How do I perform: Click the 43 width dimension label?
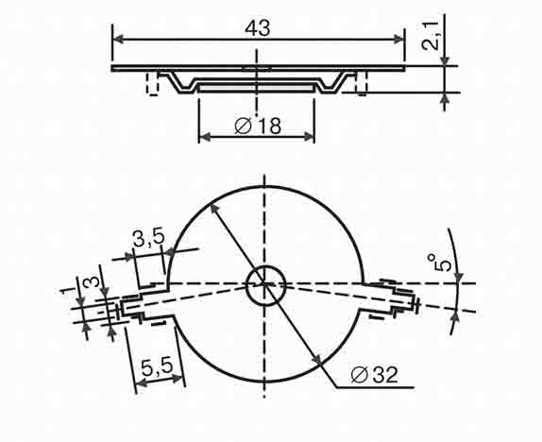pyautogui.click(x=258, y=28)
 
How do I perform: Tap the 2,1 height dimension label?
pyautogui.click(x=431, y=36)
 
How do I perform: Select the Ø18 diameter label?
pyautogui.click(x=258, y=126)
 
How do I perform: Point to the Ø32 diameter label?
pyautogui.click(x=374, y=375)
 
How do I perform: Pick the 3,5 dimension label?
pyautogui.click(x=149, y=238)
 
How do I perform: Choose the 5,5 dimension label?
pyautogui.click(x=158, y=367)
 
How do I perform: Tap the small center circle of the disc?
pyautogui.click(x=266, y=285)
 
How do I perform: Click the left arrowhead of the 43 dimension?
pyautogui.click(x=118, y=39)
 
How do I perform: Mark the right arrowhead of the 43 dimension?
pyautogui.click(x=398, y=39)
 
